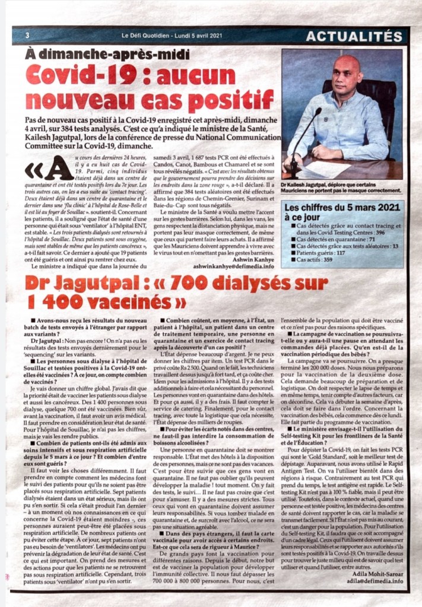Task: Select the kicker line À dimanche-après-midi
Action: pyautogui.click(x=104, y=55)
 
